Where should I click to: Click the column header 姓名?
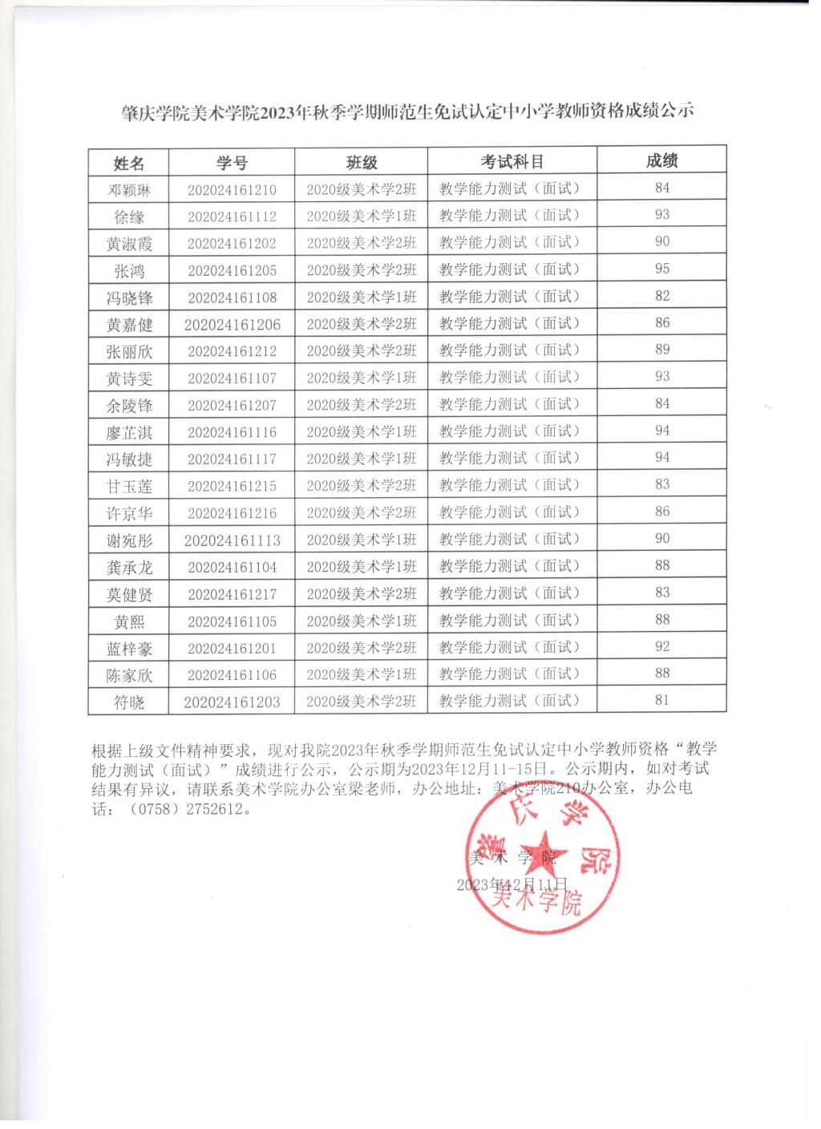click(x=129, y=164)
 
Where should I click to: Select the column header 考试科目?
click(x=512, y=161)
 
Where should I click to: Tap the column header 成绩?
click(x=662, y=160)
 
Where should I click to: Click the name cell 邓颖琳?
click(x=129, y=190)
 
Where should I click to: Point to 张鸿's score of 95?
click(x=662, y=269)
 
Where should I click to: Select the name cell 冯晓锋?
click(x=129, y=298)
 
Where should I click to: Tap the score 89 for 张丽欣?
click(x=662, y=350)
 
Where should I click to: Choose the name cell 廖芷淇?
click(x=129, y=433)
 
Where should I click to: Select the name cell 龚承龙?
click(x=129, y=568)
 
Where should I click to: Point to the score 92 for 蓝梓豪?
click(x=662, y=646)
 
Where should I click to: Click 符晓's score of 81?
click(x=662, y=700)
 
